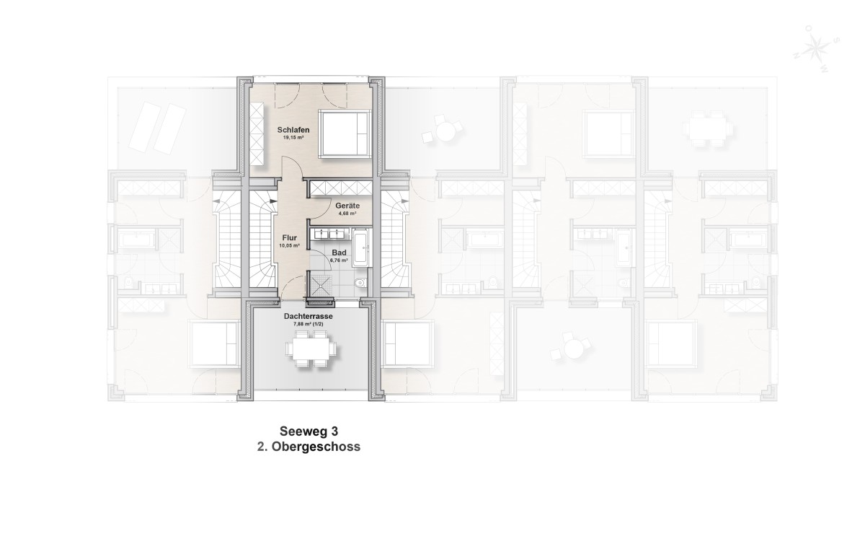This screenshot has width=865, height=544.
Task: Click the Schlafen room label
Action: pos(293,130)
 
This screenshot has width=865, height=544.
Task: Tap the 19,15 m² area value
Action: pos(293,137)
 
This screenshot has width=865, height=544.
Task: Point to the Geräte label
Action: pos(347,206)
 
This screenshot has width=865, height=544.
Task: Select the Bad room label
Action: pos(339,252)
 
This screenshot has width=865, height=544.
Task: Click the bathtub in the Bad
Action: pos(361,247)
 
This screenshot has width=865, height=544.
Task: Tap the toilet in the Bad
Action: pos(362,283)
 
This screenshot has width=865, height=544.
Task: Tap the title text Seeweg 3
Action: pos(309,431)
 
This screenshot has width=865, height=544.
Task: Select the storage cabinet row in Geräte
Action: pos(341,188)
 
